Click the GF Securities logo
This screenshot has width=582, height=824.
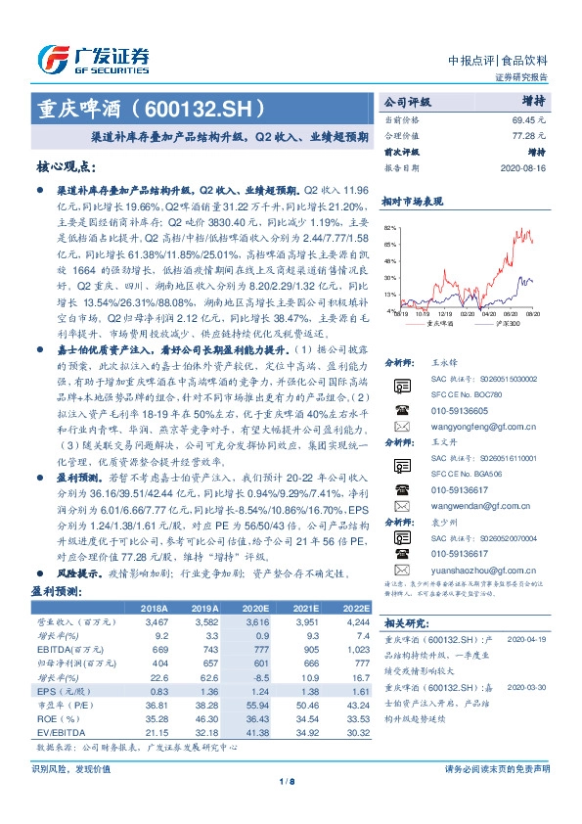click(92, 59)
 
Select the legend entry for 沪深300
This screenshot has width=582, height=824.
click(508, 323)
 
